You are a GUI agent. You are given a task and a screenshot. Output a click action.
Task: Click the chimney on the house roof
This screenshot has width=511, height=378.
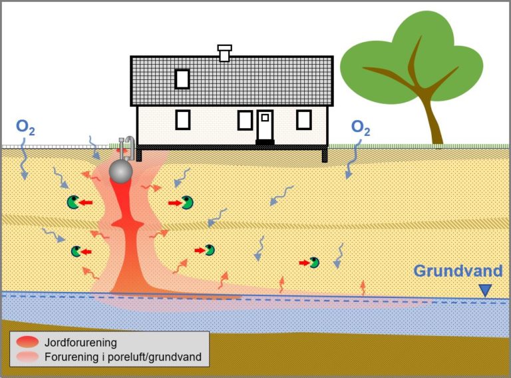point(225,53)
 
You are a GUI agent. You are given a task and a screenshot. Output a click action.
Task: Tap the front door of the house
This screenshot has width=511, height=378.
point(265,126)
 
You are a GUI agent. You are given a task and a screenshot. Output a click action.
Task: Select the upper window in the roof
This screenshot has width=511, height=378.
point(182,79)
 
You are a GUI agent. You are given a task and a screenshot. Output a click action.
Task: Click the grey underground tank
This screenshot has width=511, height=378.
point(121,171)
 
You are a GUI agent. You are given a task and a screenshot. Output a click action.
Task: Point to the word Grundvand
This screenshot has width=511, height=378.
point(458,271)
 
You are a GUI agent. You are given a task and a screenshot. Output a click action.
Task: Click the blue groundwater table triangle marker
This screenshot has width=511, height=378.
point(485,290)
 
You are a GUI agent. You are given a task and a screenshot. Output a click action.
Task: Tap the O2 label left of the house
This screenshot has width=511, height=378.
point(25,127)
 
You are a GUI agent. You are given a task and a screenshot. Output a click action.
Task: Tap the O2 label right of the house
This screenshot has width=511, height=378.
point(361,127)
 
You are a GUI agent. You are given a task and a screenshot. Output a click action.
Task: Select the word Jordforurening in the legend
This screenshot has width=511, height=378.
point(81,343)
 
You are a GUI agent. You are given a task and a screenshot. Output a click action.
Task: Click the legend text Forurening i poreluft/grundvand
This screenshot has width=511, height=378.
point(122,357)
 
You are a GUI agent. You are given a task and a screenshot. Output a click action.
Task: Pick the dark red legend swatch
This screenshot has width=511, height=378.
point(27,343)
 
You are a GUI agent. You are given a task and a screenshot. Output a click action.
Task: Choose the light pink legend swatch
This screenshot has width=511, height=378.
point(27,357)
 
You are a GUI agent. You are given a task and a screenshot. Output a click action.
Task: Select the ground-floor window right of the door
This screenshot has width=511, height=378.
point(303,119)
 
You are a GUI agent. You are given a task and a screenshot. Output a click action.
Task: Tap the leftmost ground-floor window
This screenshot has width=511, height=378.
point(182,119)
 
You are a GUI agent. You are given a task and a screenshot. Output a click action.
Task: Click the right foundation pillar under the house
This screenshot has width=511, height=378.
point(325,155)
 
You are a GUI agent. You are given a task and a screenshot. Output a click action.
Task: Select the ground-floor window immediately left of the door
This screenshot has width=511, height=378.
point(245,120)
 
